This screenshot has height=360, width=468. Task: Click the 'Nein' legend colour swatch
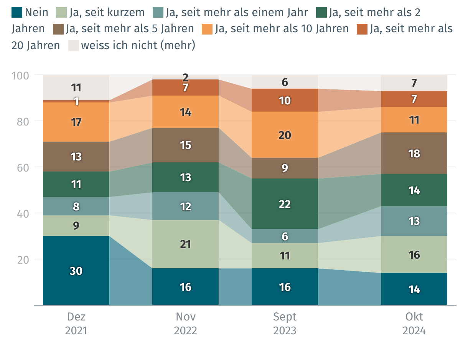pyautogui.click(x=17, y=12)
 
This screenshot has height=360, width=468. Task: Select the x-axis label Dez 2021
pyautogui.click(x=76, y=324)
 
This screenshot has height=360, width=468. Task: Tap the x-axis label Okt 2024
pyautogui.click(x=414, y=324)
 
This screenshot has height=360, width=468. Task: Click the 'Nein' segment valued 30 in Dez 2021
pyautogui.click(x=76, y=271)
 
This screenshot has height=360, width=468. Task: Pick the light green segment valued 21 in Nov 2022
pyautogui.click(x=186, y=244)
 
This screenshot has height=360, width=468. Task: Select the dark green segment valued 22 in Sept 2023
pyautogui.click(x=285, y=204)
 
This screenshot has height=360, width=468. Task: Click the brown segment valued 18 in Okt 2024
pyautogui.click(x=414, y=154)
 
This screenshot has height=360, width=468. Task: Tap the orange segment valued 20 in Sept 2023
pyautogui.click(x=285, y=135)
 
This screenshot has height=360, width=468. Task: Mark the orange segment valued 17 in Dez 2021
pyautogui.click(x=76, y=122)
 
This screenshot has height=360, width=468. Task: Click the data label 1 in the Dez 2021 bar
pyautogui.click(x=76, y=101)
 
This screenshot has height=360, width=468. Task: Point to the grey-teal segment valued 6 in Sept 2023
pyautogui.click(x=285, y=236)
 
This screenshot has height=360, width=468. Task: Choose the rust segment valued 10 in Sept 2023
pyautogui.click(x=285, y=101)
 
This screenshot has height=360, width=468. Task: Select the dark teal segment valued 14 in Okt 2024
pyautogui.click(x=414, y=289)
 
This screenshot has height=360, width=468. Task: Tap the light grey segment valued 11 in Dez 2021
pyautogui.click(x=76, y=88)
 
